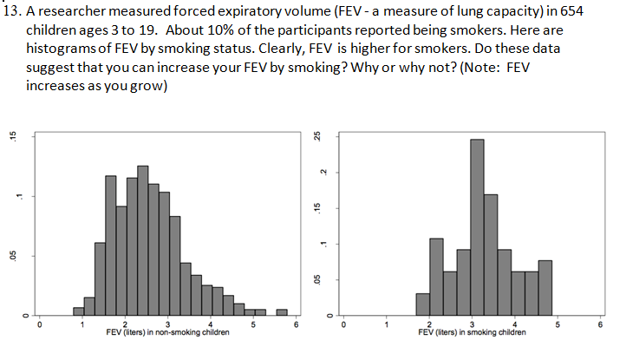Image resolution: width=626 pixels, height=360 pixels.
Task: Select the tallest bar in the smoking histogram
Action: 477,226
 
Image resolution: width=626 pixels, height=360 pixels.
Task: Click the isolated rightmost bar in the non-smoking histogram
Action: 282,311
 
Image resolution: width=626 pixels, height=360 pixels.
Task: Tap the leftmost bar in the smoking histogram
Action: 422,304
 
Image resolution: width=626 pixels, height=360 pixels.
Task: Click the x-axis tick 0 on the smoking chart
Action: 342,324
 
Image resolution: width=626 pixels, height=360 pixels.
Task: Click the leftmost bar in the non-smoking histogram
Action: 79,311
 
